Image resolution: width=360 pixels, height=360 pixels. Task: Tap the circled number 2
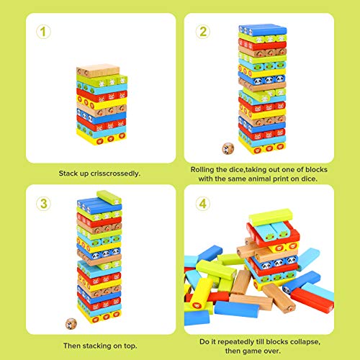[x=204, y=31]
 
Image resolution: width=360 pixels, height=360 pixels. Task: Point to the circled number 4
[x=204, y=203]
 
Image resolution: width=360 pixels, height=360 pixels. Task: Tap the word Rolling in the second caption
[x=204, y=168]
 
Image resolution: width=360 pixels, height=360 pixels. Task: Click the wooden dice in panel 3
[x=69, y=320]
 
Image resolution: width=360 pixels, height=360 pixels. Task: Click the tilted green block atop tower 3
[x=109, y=197]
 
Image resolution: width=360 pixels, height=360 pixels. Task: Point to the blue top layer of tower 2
[x=261, y=30]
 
